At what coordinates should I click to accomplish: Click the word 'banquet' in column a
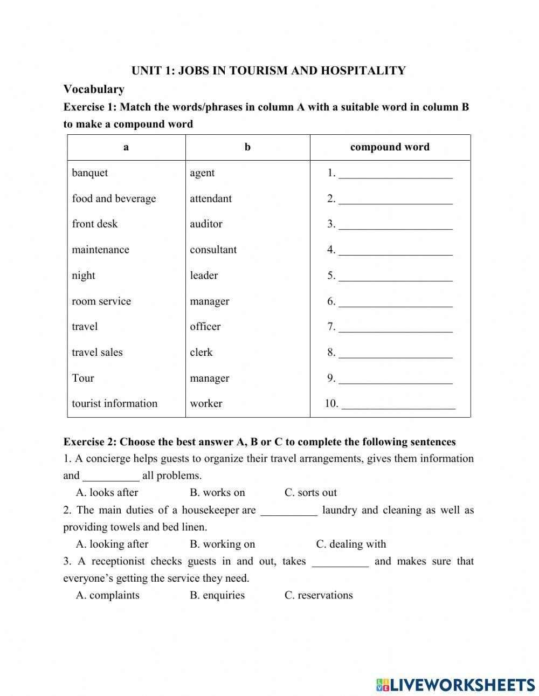[89, 173]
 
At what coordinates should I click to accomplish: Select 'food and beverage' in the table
[114, 198]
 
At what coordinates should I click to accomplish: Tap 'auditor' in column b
[206, 224]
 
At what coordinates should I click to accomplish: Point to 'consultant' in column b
[213, 250]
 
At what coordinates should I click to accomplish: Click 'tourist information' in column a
[114, 403]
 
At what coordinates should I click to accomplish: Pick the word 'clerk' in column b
[201, 352]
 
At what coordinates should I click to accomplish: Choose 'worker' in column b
[206, 403]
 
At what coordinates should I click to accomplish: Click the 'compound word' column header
[390, 147]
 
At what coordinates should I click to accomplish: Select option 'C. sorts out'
[310, 492]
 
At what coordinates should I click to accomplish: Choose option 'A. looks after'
[107, 492]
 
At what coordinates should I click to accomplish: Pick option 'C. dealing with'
[351, 544]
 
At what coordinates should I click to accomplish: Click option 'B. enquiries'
[217, 595]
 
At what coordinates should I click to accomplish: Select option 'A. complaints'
[107, 595]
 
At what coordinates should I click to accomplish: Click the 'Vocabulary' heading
[94, 89]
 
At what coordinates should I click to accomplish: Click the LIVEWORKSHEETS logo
[455, 685]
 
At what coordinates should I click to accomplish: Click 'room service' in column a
[101, 301]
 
